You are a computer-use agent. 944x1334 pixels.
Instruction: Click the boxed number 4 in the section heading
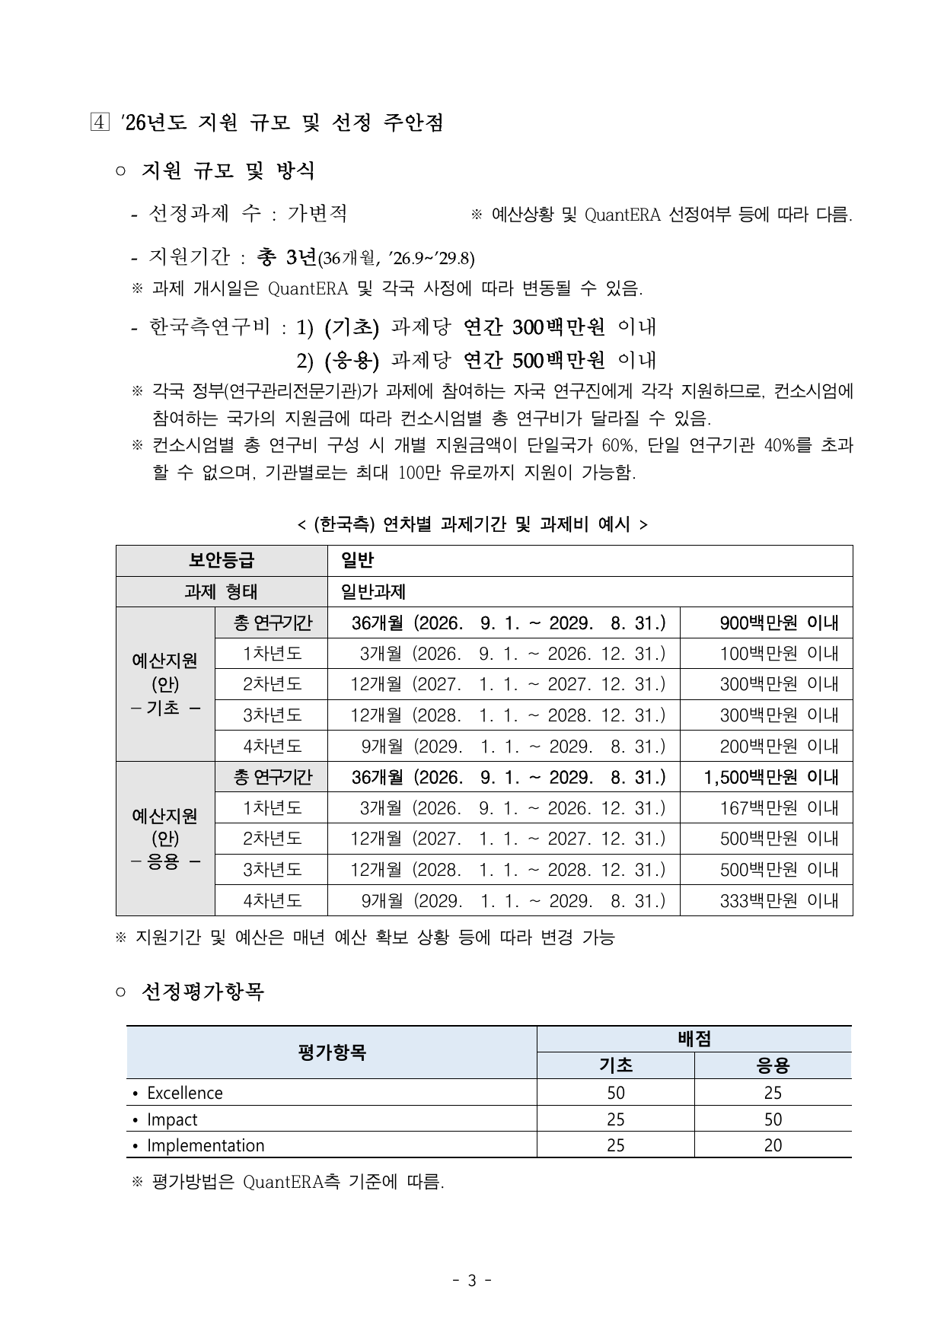[99, 123]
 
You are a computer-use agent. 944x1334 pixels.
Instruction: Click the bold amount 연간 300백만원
[534, 327]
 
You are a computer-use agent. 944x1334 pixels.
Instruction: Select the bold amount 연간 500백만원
[534, 359]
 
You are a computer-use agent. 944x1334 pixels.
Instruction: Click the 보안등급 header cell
[222, 561]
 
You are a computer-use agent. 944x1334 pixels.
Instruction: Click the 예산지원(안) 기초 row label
[165, 684]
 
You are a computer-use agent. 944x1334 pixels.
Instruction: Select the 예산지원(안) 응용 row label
[165, 839]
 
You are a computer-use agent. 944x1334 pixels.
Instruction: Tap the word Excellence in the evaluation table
[185, 1093]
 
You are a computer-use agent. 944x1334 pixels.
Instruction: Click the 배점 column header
[694, 1039]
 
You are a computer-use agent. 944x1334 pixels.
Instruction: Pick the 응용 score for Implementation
[773, 1145]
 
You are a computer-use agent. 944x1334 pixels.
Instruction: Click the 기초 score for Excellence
[615, 1093]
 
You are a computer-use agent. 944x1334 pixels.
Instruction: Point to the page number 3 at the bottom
[471, 1281]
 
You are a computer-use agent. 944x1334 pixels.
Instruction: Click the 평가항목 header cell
[331, 1052]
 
